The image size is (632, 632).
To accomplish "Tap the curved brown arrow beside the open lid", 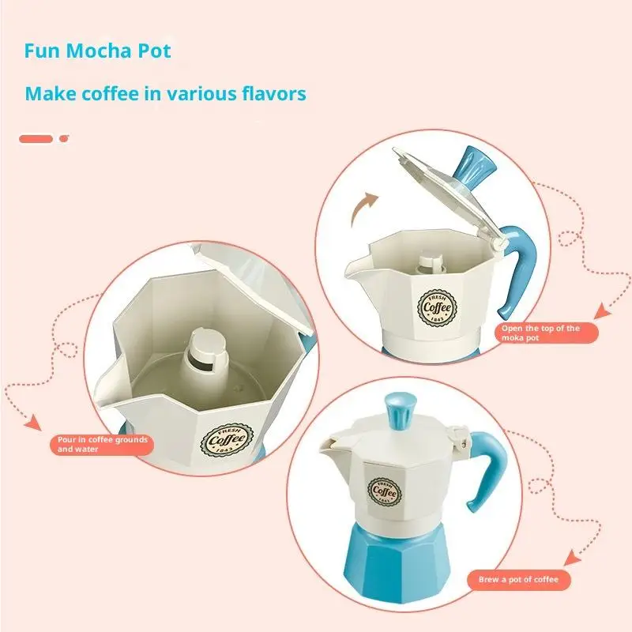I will click(x=365, y=208).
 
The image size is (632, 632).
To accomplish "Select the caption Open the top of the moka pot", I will click(x=540, y=333).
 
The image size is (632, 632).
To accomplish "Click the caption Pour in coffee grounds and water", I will click(x=102, y=444).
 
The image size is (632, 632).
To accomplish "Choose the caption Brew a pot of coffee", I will click(x=518, y=580).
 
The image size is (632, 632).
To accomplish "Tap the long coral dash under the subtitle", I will click(x=36, y=139).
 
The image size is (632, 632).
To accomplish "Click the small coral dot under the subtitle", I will click(x=64, y=139).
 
